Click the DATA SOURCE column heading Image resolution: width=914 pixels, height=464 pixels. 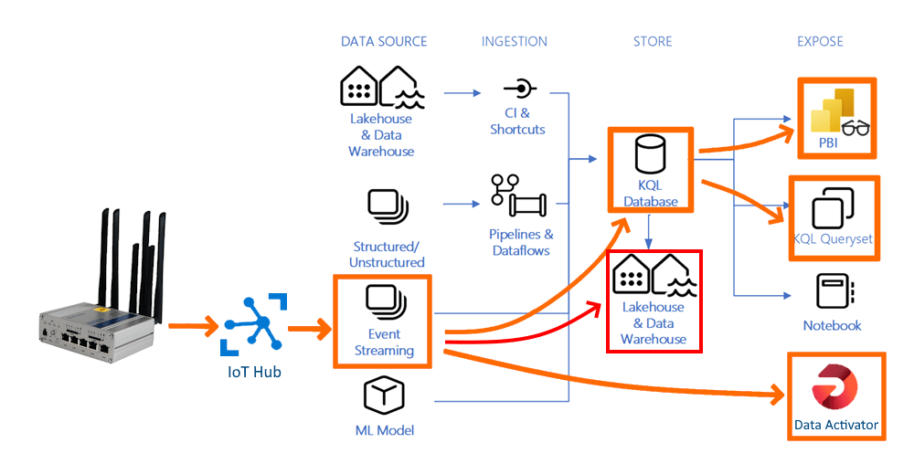(383, 41)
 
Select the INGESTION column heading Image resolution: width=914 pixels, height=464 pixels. (515, 41)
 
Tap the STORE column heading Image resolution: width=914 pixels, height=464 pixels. (653, 41)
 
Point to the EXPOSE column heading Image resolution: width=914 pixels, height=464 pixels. (820, 41)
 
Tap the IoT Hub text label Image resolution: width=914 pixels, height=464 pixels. (252, 372)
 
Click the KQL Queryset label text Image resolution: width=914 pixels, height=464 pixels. (833, 239)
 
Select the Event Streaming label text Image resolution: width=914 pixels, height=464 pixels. (384, 343)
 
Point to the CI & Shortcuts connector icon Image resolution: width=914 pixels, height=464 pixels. (518, 90)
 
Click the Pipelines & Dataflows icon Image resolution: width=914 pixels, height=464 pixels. (518, 195)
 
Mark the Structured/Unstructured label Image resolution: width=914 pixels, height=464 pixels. (387, 255)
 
